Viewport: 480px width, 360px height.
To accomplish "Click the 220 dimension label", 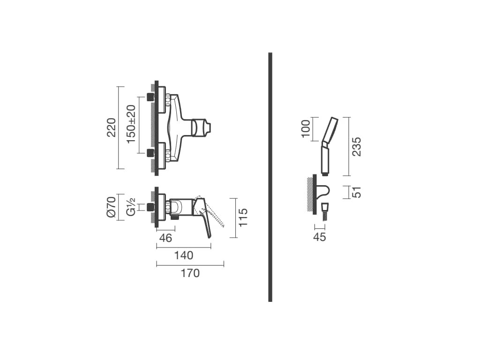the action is [112, 127].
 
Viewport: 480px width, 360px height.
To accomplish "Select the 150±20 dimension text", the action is [131, 124].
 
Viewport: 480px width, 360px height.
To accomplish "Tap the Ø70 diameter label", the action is [112, 207].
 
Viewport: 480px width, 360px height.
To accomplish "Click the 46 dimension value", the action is [165, 238].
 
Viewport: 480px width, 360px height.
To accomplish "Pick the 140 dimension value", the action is [184, 255].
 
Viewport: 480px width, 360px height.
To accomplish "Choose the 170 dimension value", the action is [190, 273].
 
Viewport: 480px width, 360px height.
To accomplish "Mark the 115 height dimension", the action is [243, 217].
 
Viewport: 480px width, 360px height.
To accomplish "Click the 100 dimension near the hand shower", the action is [306, 129].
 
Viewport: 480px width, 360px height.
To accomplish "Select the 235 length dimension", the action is [357, 147].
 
